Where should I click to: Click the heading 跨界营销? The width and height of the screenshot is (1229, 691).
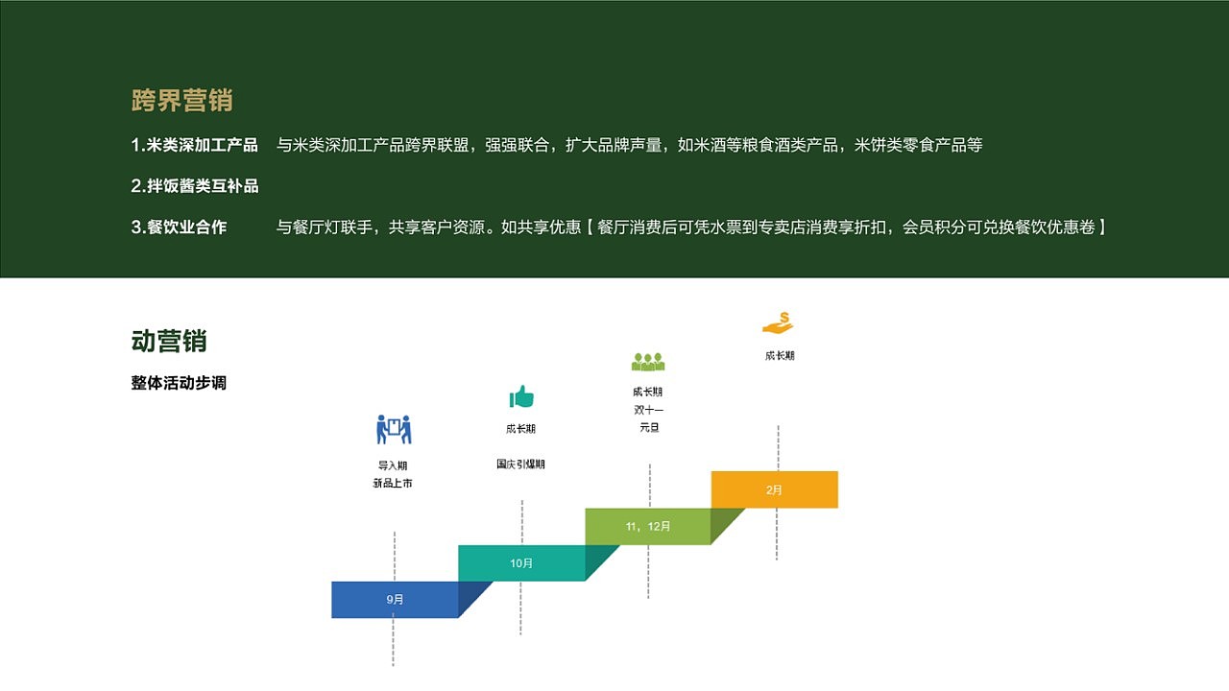pyautogui.click(x=181, y=100)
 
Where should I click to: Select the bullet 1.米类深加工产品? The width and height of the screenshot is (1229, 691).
pyautogui.click(x=194, y=145)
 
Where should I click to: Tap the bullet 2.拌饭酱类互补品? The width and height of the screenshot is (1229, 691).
pyautogui.click(x=194, y=186)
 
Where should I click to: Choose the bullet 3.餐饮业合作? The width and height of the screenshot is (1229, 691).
pyautogui.click(x=179, y=227)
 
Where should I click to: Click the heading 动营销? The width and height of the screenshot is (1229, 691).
pyautogui.click(x=169, y=341)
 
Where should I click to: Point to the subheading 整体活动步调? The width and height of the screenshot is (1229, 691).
pyautogui.click(x=179, y=383)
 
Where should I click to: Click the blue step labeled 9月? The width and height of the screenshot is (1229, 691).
pyautogui.click(x=395, y=599)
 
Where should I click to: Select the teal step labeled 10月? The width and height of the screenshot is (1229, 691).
pyautogui.click(x=521, y=563)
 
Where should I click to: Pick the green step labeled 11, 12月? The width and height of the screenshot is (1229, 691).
pyautogui.click(x=648, y=526)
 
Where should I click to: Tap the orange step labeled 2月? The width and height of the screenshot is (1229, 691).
pyautogui.click(x=774, y=489)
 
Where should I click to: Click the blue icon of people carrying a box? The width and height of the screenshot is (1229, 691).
pyautogui.click(x=394, y=429)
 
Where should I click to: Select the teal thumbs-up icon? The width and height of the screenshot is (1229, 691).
pyautogui.click(x=521, y=396)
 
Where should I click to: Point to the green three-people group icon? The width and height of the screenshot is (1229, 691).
pyautogui.click(x=648, y=362)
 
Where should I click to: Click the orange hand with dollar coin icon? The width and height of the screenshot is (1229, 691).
pyautogui.click(x=778, y=322)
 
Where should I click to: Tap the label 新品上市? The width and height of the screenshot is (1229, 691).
pyautogui.click(x=393, y=484)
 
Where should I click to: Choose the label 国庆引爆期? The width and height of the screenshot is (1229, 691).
pyautogui.click(x=520, y=465)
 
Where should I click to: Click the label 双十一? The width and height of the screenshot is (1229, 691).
pyautogui.click(x=648, y=410)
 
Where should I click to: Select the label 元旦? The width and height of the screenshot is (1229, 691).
pyautogui.click(x=648, y=428)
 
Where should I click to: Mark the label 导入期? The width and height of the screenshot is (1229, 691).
pyautogui.click(x=394, y=466)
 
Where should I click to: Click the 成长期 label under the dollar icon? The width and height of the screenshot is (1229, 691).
pyautogui.click(x=779, y=356)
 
